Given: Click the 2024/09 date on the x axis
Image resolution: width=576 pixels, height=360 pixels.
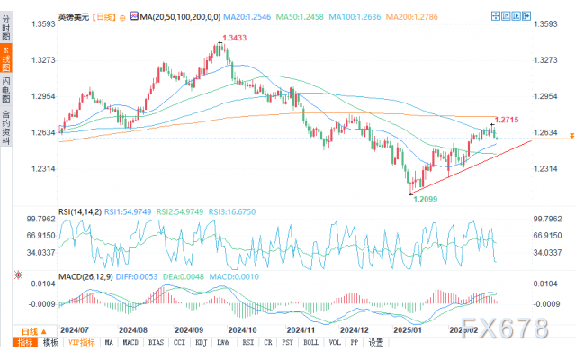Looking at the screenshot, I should [191, 330].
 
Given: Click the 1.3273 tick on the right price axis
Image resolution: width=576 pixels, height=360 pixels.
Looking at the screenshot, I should [545, 59].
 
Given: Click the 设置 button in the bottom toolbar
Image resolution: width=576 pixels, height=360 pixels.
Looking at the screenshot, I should [375, 343].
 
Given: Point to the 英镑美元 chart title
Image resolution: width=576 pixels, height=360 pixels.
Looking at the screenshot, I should [74, 16].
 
